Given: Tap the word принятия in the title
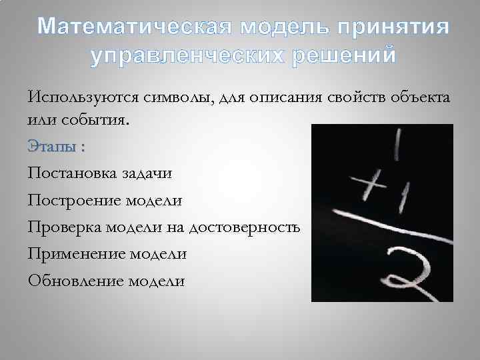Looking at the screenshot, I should pos(393,27).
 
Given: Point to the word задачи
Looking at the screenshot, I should pos(146,173).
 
